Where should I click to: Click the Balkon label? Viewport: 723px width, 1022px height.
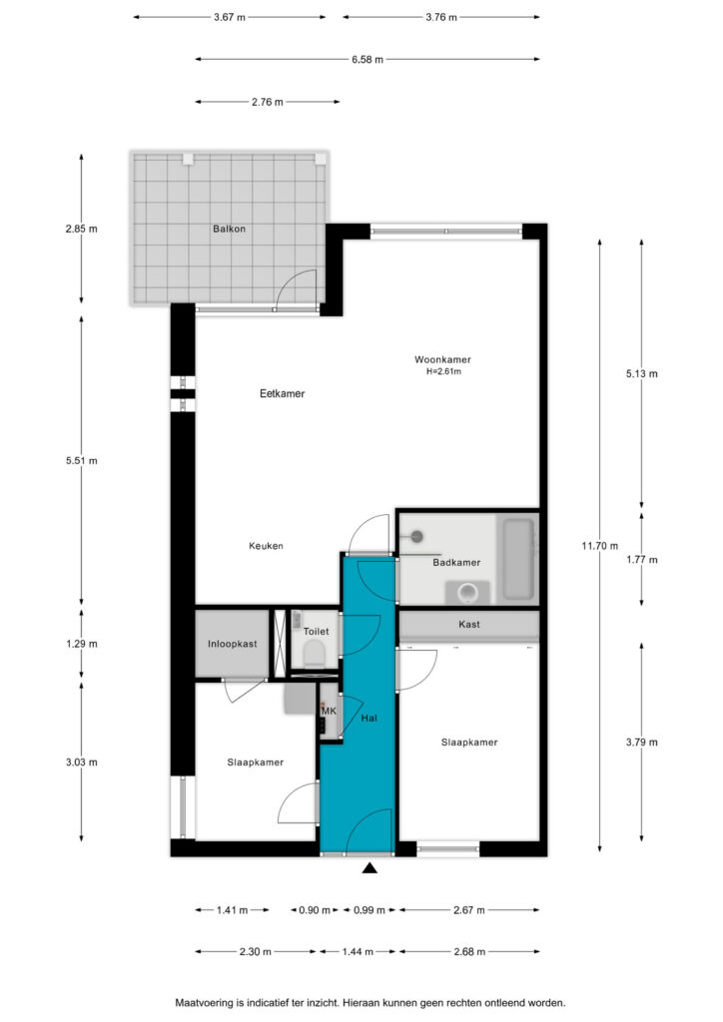coord(229,229)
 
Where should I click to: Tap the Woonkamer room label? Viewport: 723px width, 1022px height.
coord(442,359)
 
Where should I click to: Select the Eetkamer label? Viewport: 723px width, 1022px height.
coord(283,393)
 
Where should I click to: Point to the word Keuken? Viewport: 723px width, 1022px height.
coord(266,546)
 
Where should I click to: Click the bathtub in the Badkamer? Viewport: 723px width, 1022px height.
coord(518,559)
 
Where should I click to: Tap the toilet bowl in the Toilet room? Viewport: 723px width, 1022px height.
coord(315,653)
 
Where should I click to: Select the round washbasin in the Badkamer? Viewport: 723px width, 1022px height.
coord(467,593)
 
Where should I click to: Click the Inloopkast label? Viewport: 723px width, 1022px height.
coord(232,644)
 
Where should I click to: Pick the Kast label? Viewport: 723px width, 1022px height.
coord(468,624)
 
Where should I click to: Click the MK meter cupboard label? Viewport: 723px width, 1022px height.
coord(329,711)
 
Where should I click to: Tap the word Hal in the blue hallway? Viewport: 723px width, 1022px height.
coord(369,718)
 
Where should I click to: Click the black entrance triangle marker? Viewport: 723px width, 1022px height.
coord(369,867)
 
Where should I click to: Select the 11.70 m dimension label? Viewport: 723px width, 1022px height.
coord(600,546)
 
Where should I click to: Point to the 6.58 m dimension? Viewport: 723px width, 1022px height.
coord(367,59)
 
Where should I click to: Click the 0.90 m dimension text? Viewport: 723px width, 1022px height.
coord(315,910)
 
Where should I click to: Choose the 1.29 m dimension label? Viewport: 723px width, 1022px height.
coord(82,644)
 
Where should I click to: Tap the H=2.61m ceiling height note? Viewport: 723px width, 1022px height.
coord(443,371)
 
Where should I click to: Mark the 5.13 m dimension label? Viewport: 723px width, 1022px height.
coord(641,373)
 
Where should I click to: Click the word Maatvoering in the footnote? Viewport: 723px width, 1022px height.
coord(204,1003)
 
